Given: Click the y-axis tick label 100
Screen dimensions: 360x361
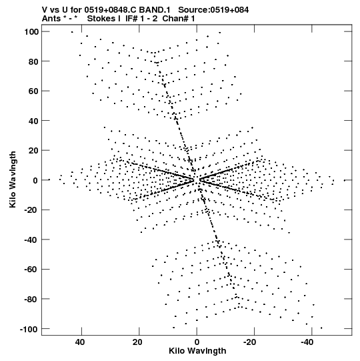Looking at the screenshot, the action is tap(31, 31).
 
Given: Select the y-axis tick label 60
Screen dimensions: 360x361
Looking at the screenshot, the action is tap(33, 91).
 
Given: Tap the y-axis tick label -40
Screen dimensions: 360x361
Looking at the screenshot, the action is tap(31, 240).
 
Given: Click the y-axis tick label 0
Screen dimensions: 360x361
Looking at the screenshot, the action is tap(35, 180).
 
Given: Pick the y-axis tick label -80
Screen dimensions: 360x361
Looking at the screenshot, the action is tap(31, 299).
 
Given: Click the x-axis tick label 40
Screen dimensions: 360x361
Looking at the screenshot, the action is tap(80, 342).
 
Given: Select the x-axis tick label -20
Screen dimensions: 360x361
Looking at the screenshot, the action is tap(250, 342).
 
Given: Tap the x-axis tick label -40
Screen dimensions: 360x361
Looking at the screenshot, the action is tap(307, 342).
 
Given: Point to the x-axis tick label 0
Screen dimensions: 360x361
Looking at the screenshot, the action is tap(197, 342).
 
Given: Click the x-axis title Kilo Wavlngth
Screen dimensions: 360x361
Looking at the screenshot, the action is tap(197, 351).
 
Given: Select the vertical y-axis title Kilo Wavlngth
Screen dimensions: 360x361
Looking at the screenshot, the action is tap(13, 179).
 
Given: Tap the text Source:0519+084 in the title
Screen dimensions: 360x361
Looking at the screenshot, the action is tap(213, 10).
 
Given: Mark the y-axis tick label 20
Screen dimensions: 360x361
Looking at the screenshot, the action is tap(33, 150).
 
